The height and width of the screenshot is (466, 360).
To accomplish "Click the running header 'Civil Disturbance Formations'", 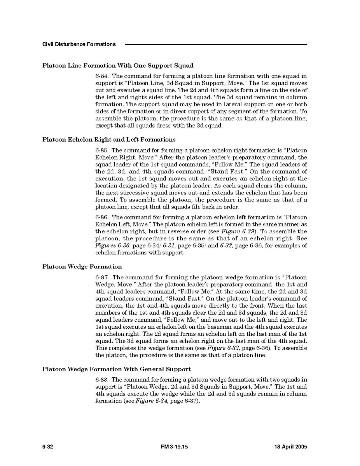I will [x=79, y=44].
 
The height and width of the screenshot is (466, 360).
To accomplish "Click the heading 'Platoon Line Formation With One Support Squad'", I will [x=118, y=65].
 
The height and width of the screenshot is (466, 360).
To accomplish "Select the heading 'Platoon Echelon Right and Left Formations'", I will [x=109, y=139].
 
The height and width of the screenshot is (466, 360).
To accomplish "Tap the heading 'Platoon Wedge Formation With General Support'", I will [x=116, y=369].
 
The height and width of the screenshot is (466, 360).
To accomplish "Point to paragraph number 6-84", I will [x=102, y=76].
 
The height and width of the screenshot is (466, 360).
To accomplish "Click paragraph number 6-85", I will [x=102, y=150].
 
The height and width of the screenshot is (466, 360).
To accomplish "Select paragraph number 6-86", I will [x=102, y=217].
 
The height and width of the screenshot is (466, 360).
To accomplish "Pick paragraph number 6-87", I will [x=102, y=277].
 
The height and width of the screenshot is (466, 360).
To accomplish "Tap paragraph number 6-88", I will [x=102, y=379].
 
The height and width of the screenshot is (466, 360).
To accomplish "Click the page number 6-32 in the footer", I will [x=47, y=447].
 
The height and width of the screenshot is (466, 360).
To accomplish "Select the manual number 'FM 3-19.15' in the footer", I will [x=174, y=447].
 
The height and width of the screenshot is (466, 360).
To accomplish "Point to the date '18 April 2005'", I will [x=288, y=447].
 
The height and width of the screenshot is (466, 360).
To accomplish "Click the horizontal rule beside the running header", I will [x=216, y=44].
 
